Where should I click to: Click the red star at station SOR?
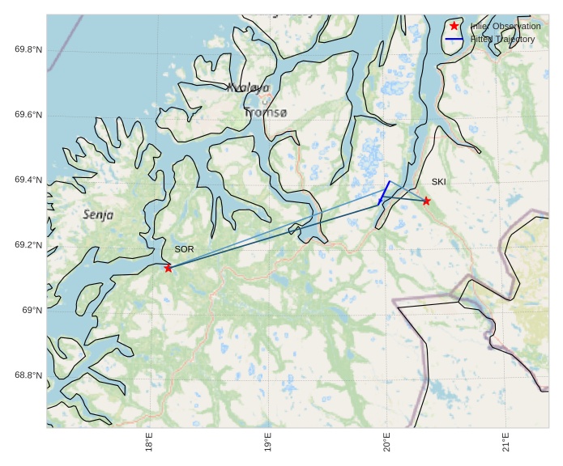point(168,268)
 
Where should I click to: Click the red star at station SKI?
point(426,201)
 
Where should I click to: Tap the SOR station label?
point(184,249)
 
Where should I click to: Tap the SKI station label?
point(438,182)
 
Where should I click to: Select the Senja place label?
point(98,215)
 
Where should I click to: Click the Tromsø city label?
point(265,112)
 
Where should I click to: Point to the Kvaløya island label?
point(248,87)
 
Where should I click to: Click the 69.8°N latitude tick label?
point(28,50)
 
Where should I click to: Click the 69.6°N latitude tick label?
point(28,115)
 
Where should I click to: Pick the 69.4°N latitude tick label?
point(28,180)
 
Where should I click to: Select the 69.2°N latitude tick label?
point(28,245)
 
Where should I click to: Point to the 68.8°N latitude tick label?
point(28,375)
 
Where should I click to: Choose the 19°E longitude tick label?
point(268,444)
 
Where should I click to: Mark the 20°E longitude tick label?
point(387,444)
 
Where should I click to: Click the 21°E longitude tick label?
point(505,444)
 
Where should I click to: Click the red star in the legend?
point(454,26)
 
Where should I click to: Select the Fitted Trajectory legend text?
point(502,39)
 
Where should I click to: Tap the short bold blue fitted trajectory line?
point(384,192)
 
